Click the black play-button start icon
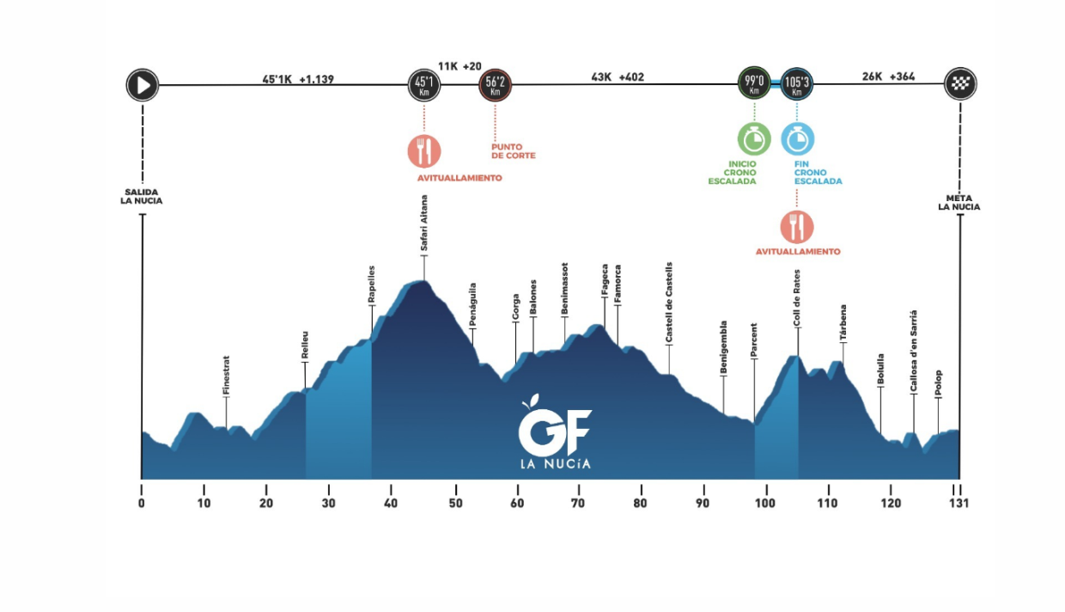click(143, 85)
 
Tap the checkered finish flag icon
click(960, 83)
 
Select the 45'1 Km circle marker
click(424, 85)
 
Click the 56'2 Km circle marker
click(495, 85)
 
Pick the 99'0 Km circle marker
click(754, 83)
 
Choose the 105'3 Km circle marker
click(797, 83)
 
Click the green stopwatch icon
click(754, 139)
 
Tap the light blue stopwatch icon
click(798, 139)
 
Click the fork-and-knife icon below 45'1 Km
click(424, 151)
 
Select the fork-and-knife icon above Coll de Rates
click(797, 227)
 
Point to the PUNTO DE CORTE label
click(514, 151)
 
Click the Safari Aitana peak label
click(423, 223)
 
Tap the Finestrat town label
click(226, 376)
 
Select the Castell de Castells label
click(668, 303)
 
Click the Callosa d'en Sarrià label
click(913, 352)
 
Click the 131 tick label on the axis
click(959, 503)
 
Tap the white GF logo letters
click(555, 431)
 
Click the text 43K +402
click(618, 77)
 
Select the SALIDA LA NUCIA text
click(141, 197)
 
